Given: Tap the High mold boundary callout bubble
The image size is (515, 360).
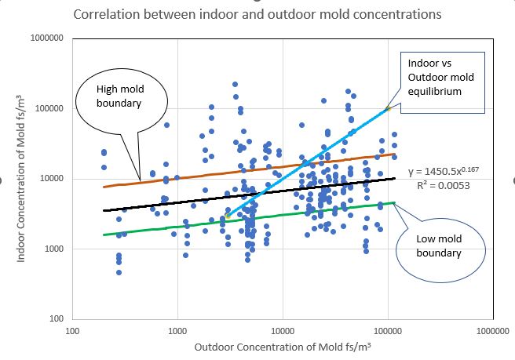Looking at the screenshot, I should click(119, 100).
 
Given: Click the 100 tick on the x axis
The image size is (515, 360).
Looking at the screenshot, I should click(72, 330).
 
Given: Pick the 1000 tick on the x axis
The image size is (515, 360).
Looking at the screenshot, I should click(177, 330).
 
